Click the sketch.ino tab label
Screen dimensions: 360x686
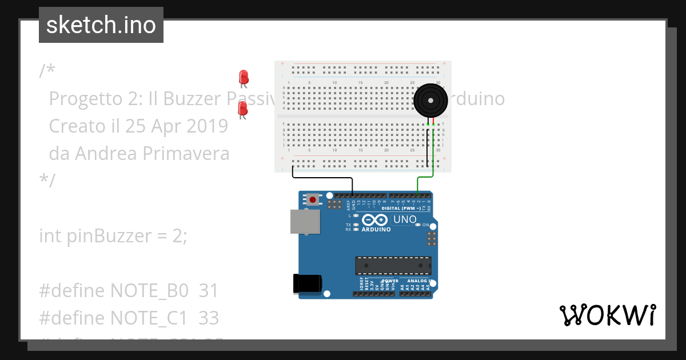[x=101, y=25]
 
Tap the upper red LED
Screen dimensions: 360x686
[x=244, y=77]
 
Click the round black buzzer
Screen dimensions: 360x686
[x=431, y=101]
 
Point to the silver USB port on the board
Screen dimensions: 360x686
[x=305, y=221]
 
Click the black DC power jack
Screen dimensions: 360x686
[x=307, y=284]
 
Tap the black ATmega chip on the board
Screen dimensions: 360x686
[x=393, y=266]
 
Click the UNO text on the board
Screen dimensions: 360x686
[x=405, y=219]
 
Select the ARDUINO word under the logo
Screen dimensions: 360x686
[x=376, y=230]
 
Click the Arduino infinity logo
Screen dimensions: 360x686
[x=375, y=220]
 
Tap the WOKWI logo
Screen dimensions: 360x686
[x=607, y=315]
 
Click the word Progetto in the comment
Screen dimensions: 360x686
[x=85, y=99]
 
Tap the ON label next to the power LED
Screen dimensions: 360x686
[x=425, y=225]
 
